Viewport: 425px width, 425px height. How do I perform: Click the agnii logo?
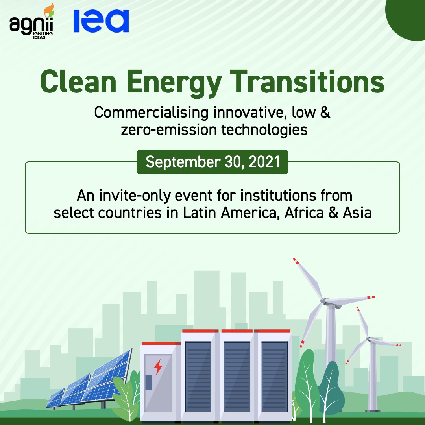coord(31,22)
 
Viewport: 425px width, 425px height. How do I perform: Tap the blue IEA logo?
coord(101,21)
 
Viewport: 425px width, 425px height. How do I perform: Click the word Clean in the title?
coord(78,81)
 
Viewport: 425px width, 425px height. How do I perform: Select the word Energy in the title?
coord(174,83)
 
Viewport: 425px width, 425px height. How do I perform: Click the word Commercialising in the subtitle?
coord(151,113)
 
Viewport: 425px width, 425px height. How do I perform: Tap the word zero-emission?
coord(169,130)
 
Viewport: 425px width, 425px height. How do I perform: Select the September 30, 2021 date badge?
coord(213,162)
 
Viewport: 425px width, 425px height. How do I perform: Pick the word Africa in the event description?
coord(304,213)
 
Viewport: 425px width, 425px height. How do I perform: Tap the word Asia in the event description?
coord(357,213)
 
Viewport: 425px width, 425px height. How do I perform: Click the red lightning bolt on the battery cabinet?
coord(158,367)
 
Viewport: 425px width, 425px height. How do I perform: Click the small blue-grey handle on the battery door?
coord(148,382)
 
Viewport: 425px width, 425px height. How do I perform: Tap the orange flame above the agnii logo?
coord(49,10)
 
